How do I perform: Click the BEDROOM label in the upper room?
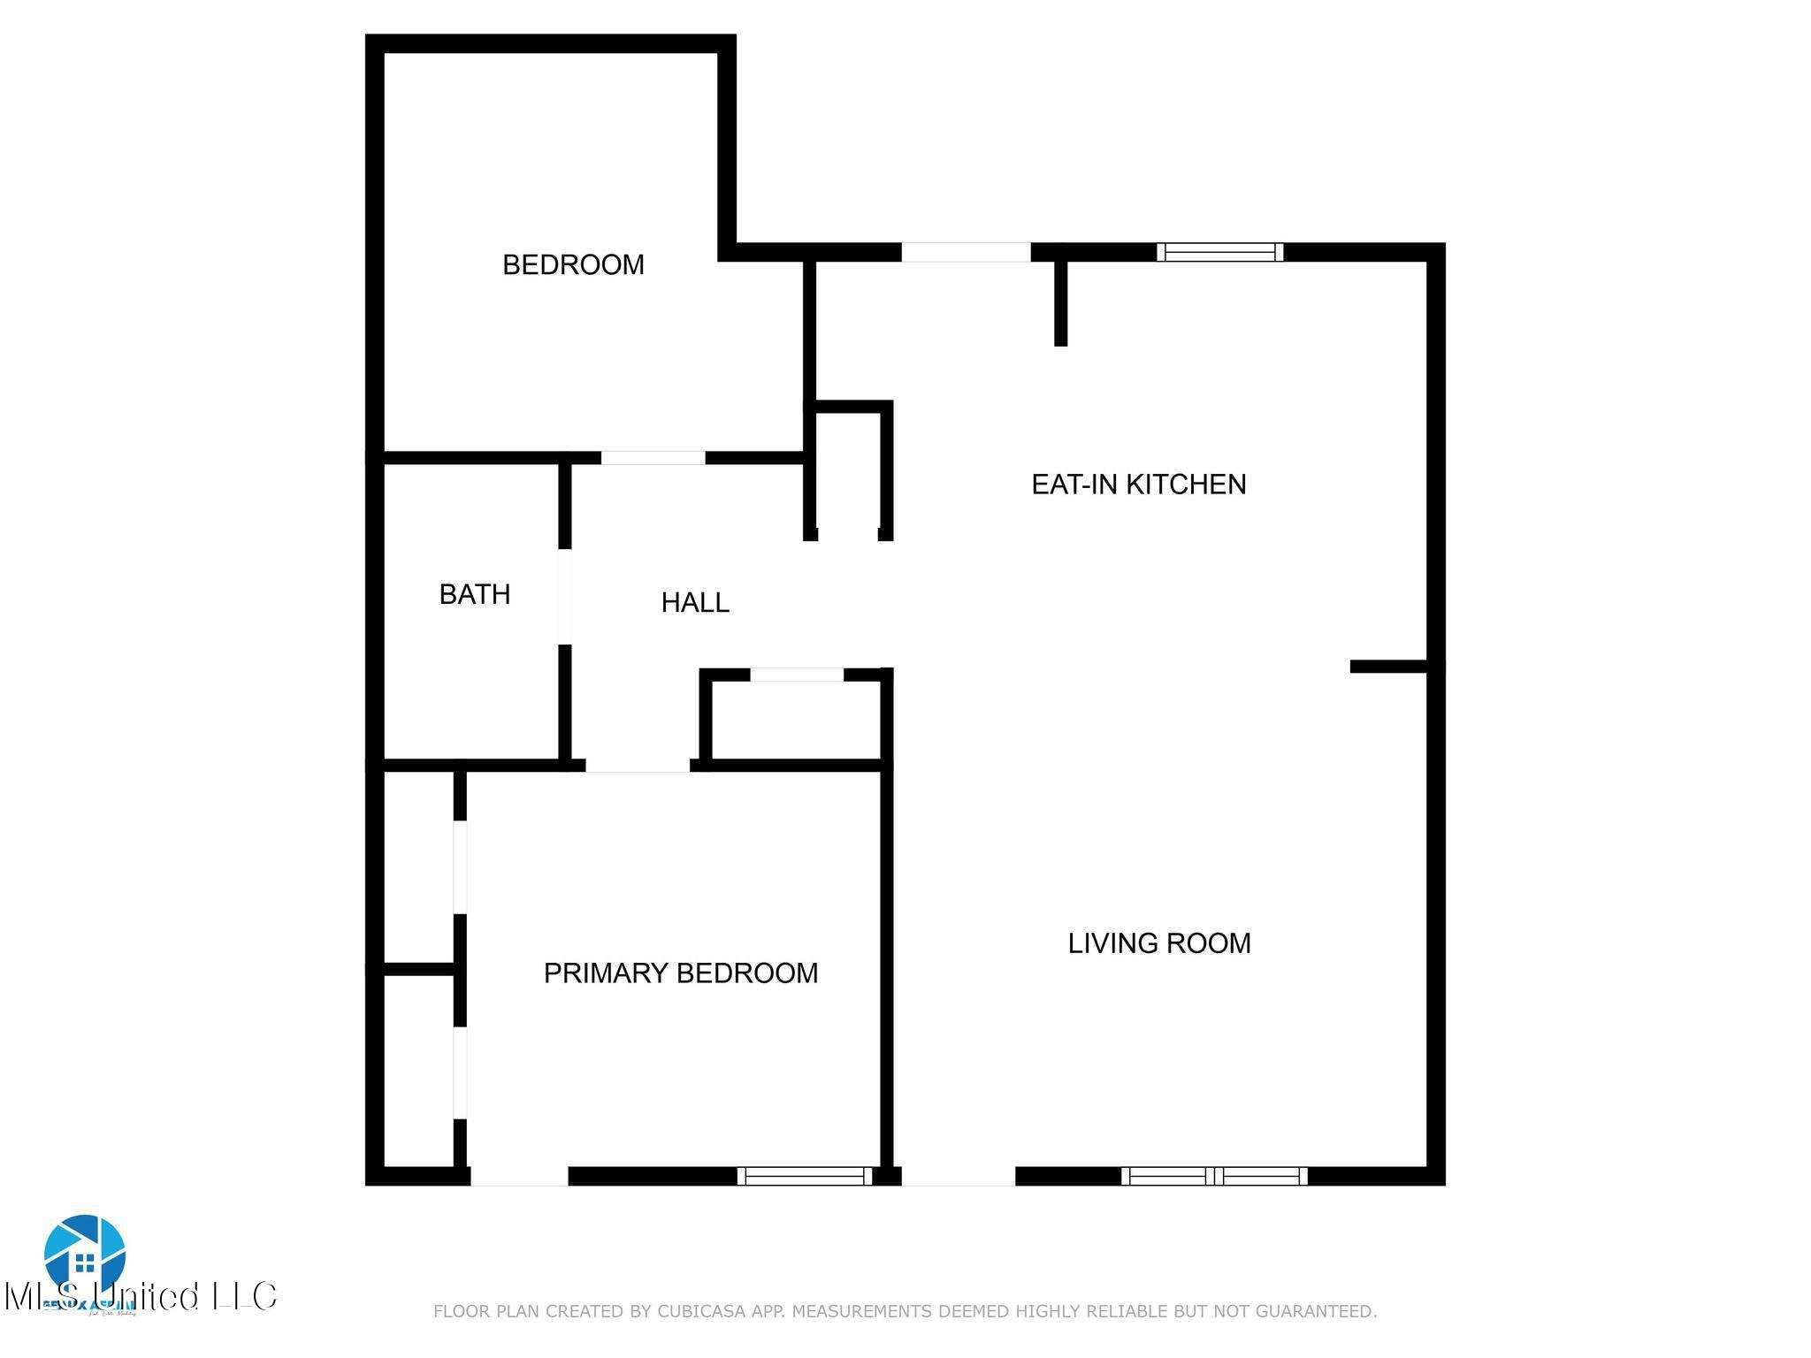tap(573, 264)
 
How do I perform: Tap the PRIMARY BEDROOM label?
tap(680, 973)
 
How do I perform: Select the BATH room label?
tap(475, 594)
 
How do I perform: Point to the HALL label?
tap(695, 602)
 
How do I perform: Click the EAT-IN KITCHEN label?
tap(1138, 484)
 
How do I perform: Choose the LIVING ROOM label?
tap(1159, 943)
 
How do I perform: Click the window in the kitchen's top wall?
tap(1220, 252)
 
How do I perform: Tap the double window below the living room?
tap(1214, 1176)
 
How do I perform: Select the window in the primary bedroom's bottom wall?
tap(804, 1176)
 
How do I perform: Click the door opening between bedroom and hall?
tap(653, 458)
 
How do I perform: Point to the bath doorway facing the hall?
tap(565, 597)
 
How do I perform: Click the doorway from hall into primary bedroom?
tap(638, 766)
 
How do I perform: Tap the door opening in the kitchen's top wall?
tap(966, 252)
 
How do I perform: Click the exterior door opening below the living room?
tap(958, 1176)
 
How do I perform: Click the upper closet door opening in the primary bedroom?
tap(460, 866)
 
